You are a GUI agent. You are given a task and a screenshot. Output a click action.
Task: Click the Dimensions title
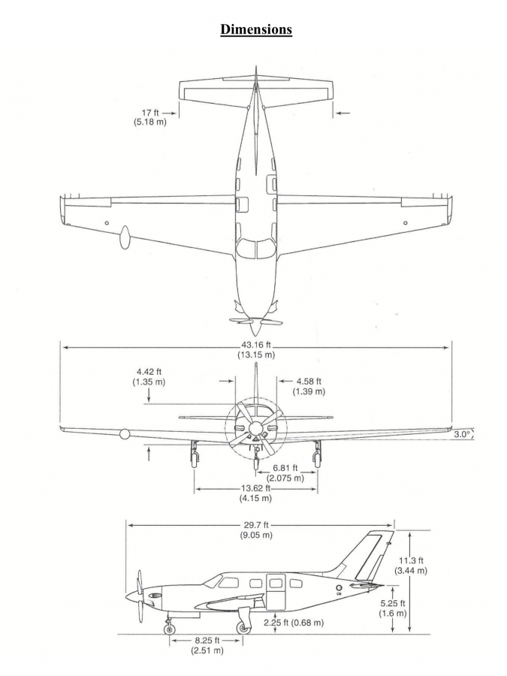tap(256, 29)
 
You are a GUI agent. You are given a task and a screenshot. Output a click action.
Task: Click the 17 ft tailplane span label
tap(150, 117)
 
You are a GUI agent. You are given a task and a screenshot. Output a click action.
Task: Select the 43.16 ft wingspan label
tap(256, 349)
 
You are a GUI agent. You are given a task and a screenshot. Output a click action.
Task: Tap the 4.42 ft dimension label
tap(149, 377)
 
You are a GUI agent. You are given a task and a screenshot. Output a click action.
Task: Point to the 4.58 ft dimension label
tap(309, 386)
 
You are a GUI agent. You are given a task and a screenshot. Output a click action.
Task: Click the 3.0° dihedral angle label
tap(462, 434)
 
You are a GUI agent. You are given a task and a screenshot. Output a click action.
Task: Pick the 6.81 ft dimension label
tap(285, 473)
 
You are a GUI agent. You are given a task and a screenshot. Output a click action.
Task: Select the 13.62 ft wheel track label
tap(255, 493)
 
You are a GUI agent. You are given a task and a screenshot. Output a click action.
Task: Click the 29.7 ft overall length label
tap(256, 530)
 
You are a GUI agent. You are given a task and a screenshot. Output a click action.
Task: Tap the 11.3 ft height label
tap(411, 565)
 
